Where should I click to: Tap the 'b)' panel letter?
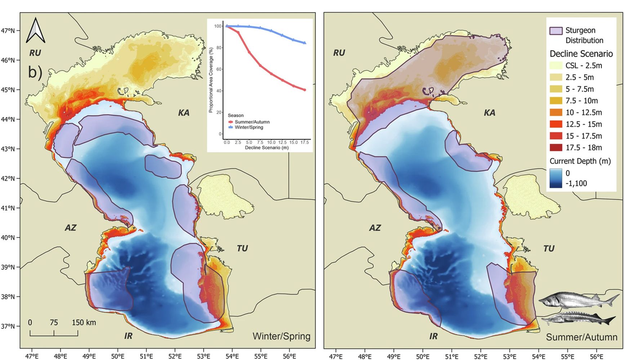[x=35, y=72]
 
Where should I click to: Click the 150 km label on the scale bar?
[x=84, y=323]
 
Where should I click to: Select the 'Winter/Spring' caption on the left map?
[x=281, y=336]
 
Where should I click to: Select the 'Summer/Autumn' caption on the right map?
[x=581, y=337]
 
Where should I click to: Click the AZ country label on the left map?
[x=71, y=228]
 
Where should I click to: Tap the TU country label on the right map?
[x=549, y=249]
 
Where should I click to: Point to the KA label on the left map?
[x=184, y=113]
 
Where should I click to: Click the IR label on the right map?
[x=433, y=336]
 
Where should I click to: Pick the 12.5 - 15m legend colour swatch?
[x=556, y=124]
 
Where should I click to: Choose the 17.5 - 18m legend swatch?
[x=556, y=148]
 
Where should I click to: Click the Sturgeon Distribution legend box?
[x=556, y=31]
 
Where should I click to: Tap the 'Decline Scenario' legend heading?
[x=581, y=54]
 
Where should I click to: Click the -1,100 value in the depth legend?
[x=576, y=184]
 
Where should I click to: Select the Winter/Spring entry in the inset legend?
[x=249, y=127]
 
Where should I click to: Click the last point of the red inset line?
[x=305, y=90]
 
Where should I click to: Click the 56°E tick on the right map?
[x=596, y=356]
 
